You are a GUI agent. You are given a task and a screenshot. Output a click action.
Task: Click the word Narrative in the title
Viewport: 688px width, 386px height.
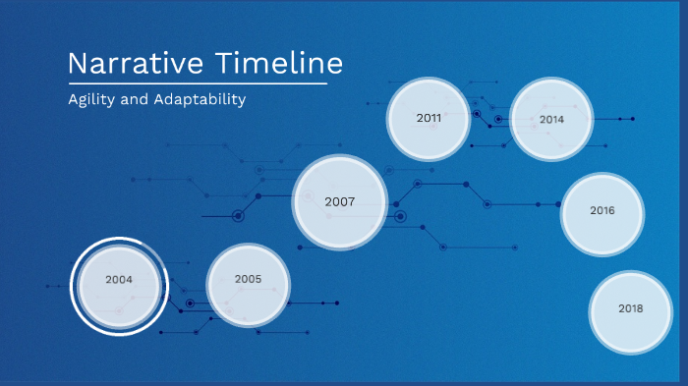click(136, 64)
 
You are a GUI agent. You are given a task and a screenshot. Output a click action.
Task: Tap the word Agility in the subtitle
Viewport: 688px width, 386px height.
click(90, 100)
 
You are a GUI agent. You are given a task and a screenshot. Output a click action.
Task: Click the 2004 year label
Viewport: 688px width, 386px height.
click(119, 280)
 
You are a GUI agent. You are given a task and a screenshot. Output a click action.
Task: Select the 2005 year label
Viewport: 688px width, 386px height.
click(248, 279)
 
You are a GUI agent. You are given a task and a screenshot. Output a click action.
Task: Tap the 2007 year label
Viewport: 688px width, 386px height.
click(339, 201)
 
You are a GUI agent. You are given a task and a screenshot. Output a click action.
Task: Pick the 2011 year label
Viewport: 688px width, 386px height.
click(429, 118)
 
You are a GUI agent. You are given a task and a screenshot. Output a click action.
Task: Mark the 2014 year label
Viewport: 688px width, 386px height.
click(551, 119)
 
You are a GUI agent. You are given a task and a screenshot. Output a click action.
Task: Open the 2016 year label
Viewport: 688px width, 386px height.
click(602, 210)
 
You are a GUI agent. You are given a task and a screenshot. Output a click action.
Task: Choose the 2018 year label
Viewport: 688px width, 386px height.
click(630, 308)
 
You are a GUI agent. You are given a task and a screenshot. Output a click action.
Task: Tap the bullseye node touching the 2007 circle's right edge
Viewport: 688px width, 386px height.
click(399, 216)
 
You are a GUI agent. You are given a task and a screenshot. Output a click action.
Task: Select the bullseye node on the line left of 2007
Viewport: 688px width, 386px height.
click(237, 215)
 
